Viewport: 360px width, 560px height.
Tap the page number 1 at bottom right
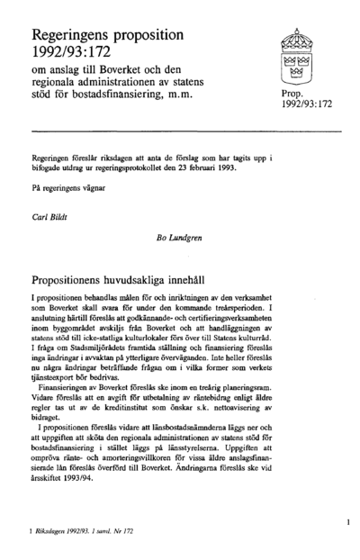348,521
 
